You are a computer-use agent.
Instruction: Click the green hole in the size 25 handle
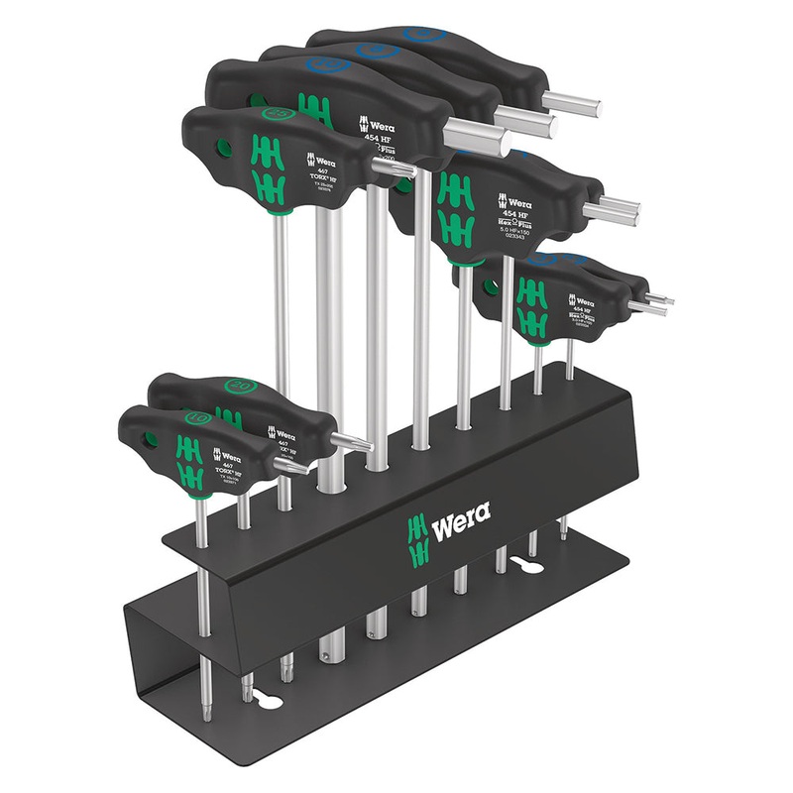coord(223,149)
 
